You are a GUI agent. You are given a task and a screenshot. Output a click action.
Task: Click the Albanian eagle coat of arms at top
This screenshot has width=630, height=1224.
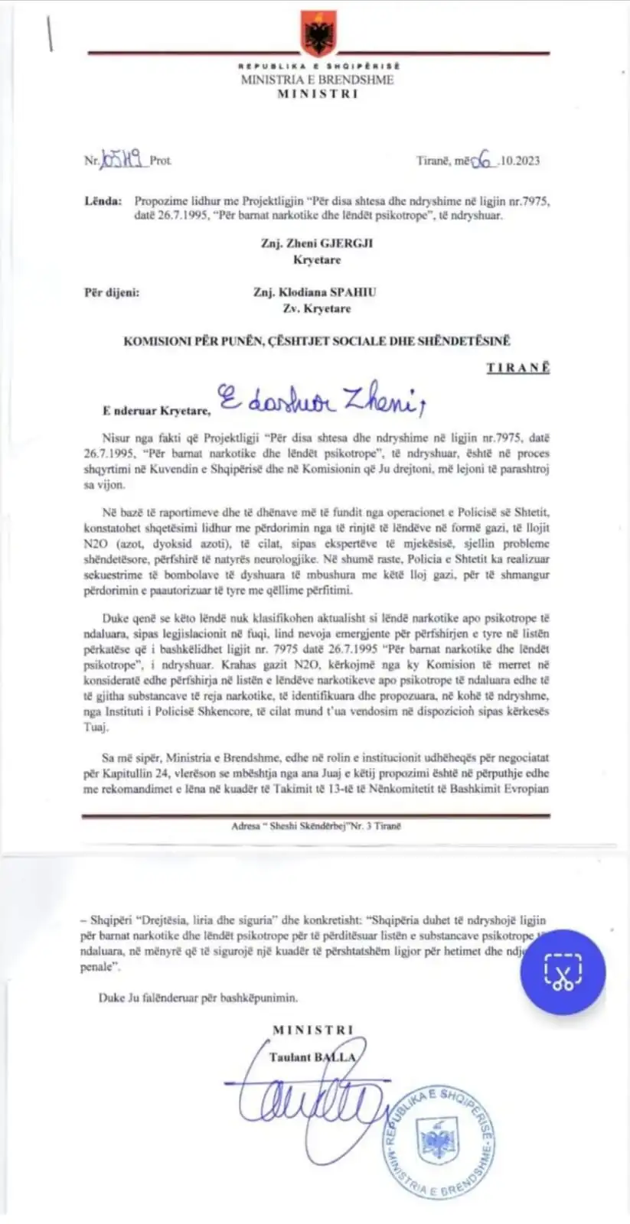click(x=315, y=31)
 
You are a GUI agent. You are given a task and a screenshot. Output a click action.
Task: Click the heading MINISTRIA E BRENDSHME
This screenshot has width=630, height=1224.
click(x=317, y=80)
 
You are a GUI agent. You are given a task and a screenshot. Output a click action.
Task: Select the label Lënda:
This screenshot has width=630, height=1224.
click(x=103, y=201)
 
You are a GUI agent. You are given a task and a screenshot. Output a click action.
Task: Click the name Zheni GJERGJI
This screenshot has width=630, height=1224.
click(x=317, y=244)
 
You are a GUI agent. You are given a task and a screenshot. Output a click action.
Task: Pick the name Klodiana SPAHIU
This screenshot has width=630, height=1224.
click(x=315, y=292)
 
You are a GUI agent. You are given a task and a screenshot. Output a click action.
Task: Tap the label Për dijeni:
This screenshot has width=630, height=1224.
click(x=112, y=292)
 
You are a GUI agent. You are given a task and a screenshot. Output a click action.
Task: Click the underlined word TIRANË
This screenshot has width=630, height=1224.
click(x=517, y=367)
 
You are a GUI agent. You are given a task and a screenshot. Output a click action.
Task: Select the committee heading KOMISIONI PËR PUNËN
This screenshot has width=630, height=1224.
click(x=316, y=341)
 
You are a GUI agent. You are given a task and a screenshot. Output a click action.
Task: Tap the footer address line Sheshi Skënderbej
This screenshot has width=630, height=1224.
click(x=315, y=826)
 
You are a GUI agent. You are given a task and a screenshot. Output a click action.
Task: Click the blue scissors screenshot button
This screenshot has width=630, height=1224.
click(x=563, y=972)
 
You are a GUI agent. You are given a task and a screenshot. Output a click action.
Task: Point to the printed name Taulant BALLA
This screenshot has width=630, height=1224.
click(x=313, y=1057)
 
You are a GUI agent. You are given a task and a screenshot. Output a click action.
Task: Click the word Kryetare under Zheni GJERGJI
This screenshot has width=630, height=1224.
click(x=317, y=260)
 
